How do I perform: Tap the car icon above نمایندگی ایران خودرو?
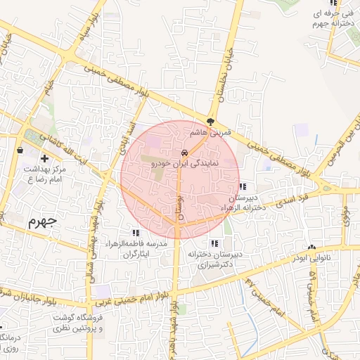[184, 153]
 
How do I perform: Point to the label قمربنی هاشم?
[210, 132]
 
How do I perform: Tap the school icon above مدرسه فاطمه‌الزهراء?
[135, 233]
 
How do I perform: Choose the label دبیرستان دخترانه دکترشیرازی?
[218, 259]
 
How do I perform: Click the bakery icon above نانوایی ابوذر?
[311, 247]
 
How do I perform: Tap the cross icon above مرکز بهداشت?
[45, 159]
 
